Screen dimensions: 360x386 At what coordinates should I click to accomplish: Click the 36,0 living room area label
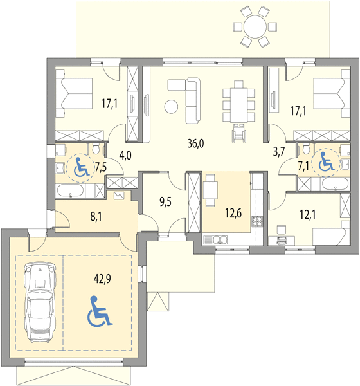195,143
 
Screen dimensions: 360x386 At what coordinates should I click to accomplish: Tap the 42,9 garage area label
102,279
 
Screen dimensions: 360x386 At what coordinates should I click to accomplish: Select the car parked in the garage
40,302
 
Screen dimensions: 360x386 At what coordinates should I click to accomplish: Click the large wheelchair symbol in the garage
100,311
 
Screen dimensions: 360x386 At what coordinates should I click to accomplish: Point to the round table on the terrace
255,26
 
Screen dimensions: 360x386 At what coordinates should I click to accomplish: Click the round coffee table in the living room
171,107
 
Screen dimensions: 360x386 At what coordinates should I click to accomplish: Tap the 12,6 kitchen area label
233,213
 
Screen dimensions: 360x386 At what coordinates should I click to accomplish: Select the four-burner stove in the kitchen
257,221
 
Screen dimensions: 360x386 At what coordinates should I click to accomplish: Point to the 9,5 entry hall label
165,201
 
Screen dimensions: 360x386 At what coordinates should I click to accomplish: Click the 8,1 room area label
96,217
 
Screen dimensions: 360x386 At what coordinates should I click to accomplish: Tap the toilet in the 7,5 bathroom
96,149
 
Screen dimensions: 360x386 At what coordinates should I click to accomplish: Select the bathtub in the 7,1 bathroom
335,184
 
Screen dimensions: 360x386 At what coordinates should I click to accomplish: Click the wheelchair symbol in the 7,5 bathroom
82,167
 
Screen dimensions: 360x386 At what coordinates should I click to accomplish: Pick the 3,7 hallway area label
279,152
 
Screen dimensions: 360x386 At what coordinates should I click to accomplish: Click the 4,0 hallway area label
125,156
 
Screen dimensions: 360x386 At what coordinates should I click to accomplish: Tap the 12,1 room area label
308,215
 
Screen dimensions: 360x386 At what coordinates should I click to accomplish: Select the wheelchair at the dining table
239,133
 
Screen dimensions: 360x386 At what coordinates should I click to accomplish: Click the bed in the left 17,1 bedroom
74,93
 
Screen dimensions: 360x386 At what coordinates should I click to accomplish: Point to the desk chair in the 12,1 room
282,230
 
